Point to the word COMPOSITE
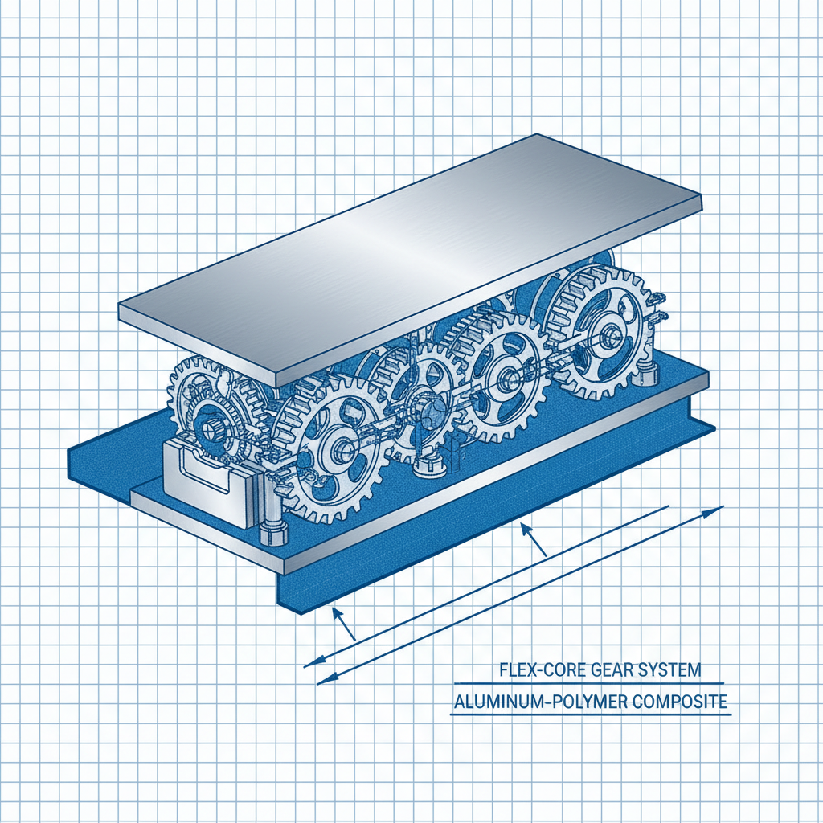point(675,701)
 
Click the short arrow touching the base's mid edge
point(527,530)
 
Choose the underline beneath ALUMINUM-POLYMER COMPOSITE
point(591,714)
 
